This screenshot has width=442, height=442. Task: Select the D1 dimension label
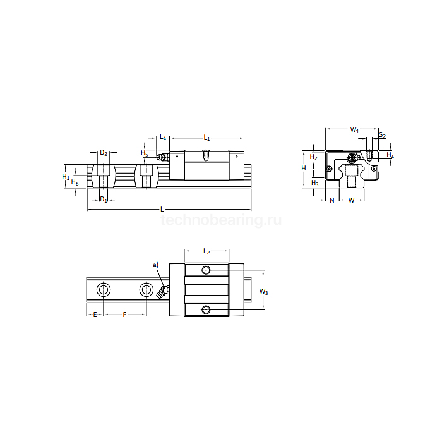(105, 200)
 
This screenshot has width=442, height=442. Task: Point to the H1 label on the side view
(66, 177)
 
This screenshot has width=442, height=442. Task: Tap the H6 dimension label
(75, 182)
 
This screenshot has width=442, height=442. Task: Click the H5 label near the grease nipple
(145, 153)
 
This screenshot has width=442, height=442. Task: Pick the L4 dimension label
(162, 137)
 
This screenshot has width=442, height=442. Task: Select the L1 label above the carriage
(206, 137)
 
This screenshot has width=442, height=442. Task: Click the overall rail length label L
(162, 208)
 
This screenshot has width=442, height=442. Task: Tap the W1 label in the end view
(355, 130)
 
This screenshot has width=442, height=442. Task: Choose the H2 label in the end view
(314, 157)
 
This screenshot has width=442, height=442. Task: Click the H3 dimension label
(315, 183)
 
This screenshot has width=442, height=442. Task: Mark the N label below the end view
(332, 200)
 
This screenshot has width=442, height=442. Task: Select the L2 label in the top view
(206, 252)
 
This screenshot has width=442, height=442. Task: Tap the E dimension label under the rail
(95, 314)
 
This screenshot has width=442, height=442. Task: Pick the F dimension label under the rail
(124, 314)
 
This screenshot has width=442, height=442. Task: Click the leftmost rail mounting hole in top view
(102, 290)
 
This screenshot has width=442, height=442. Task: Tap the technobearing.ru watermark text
(221, 220)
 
